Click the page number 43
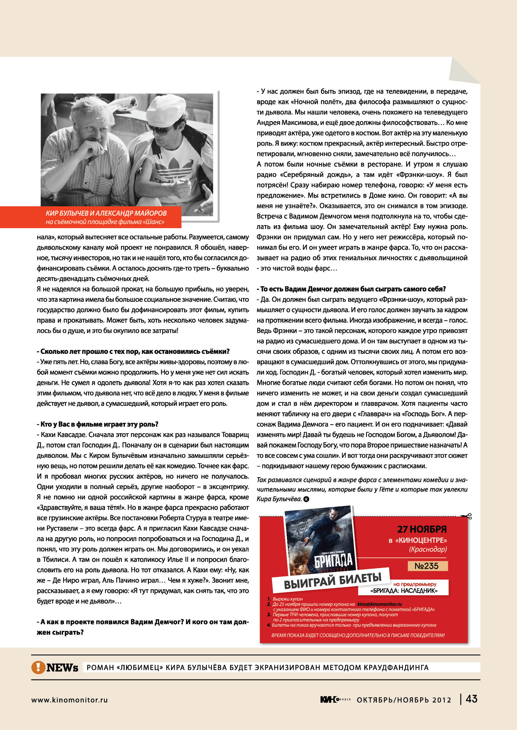471,699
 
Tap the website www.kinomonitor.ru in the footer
69,700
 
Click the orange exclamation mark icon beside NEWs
38,667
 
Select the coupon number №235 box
427,566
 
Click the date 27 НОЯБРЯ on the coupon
421,529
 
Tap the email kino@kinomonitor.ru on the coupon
379,604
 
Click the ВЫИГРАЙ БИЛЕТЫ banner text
332,580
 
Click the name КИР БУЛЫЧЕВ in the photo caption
67,213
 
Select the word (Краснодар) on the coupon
428,549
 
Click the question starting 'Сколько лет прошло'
133,351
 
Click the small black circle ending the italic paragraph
306,499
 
